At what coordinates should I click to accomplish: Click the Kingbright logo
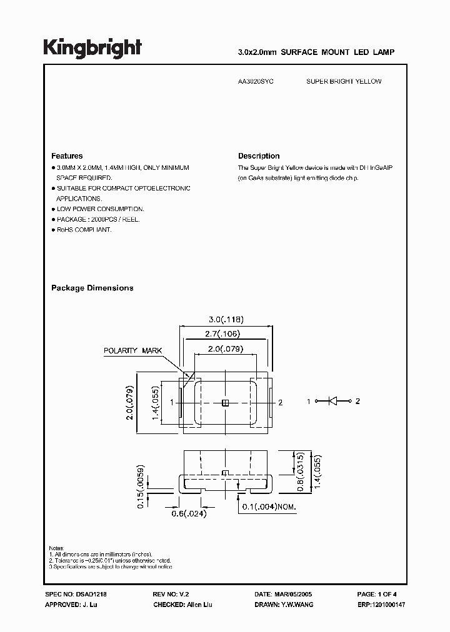(92, 47)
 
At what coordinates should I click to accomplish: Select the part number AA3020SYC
(257, 82)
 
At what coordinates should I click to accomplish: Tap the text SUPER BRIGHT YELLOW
(344, 82)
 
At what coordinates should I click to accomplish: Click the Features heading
(67, 156)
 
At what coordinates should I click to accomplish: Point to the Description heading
(259, 156)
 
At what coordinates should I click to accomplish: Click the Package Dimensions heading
(92, 288)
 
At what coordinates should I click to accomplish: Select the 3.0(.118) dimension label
(226, 318)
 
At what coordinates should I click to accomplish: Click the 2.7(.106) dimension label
(222, 333)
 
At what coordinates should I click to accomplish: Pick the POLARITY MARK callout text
(132, 351)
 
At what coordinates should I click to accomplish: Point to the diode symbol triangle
(333, 402)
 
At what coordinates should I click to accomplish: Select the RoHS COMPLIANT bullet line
(84, 230)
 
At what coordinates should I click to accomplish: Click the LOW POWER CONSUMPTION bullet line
(100, 209)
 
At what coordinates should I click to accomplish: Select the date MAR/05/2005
(293, 595)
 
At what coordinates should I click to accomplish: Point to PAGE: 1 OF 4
(377, 595)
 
